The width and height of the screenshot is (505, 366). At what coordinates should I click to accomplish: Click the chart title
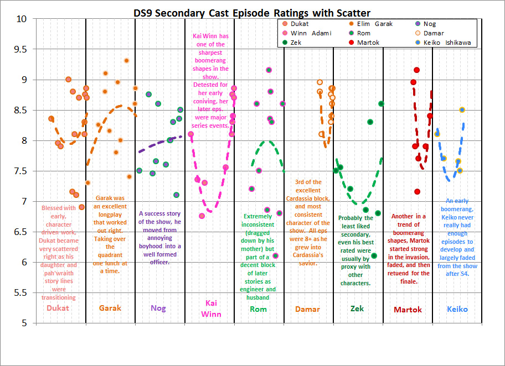(252, 12)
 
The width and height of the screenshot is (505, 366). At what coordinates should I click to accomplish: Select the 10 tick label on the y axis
(22, 19)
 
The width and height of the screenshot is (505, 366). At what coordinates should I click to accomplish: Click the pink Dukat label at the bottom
(58, 308)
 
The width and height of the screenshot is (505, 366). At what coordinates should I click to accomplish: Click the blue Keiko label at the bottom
(457, 309)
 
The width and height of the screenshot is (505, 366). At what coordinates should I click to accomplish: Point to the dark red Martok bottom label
(408, 310)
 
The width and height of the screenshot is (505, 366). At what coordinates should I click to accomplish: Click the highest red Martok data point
(416, 70)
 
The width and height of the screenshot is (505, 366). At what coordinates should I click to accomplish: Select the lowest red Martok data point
(417, 192)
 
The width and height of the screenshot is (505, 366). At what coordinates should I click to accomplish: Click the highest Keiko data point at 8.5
(462, 110)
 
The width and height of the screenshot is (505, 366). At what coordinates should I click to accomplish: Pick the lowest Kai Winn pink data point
(202, 216)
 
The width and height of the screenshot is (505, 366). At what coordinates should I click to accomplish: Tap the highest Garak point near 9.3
(126, 61)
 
